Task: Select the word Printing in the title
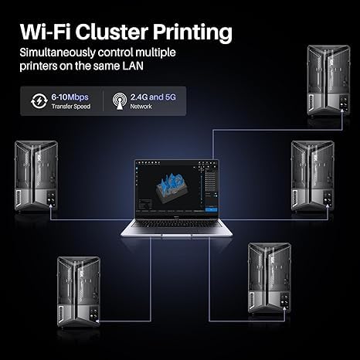pyautogui.click(x=193, y=32)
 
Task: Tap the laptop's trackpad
pyautogui.click(x=179, y=233)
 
